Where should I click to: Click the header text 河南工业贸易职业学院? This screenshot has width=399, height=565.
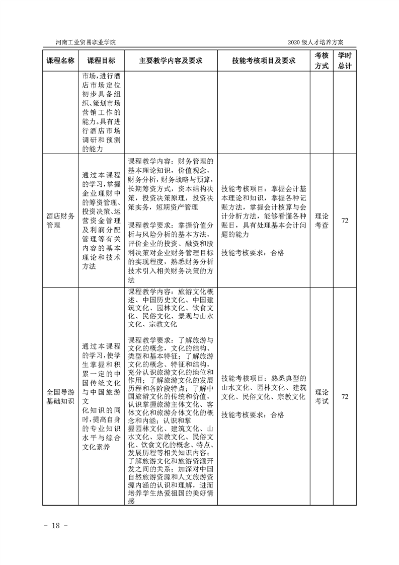pyautogui.click(x=84, y=42)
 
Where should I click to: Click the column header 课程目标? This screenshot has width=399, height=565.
pyautogui.click(x=101, y=60)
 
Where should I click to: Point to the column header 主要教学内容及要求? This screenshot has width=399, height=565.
pyautogui.click(x=171, y=60)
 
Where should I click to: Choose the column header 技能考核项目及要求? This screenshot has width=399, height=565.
pyautogui.click(x=264, y=60)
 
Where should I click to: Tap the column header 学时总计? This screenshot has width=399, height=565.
pyautogui.click(x=345, y=60)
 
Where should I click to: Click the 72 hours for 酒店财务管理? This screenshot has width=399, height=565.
pyautogui.click(x=345, y=221)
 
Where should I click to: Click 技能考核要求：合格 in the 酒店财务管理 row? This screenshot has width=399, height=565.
pyautogui.click(x=253, y=253)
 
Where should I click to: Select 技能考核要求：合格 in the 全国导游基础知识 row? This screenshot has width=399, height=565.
pyautogui.click(x=253, y=415)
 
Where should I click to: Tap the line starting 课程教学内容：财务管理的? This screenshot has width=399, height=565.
pyautogui.click(x=171, y=162)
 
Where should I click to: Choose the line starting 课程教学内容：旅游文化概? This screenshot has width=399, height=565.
pyautogui.click(x=171, y=292)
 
